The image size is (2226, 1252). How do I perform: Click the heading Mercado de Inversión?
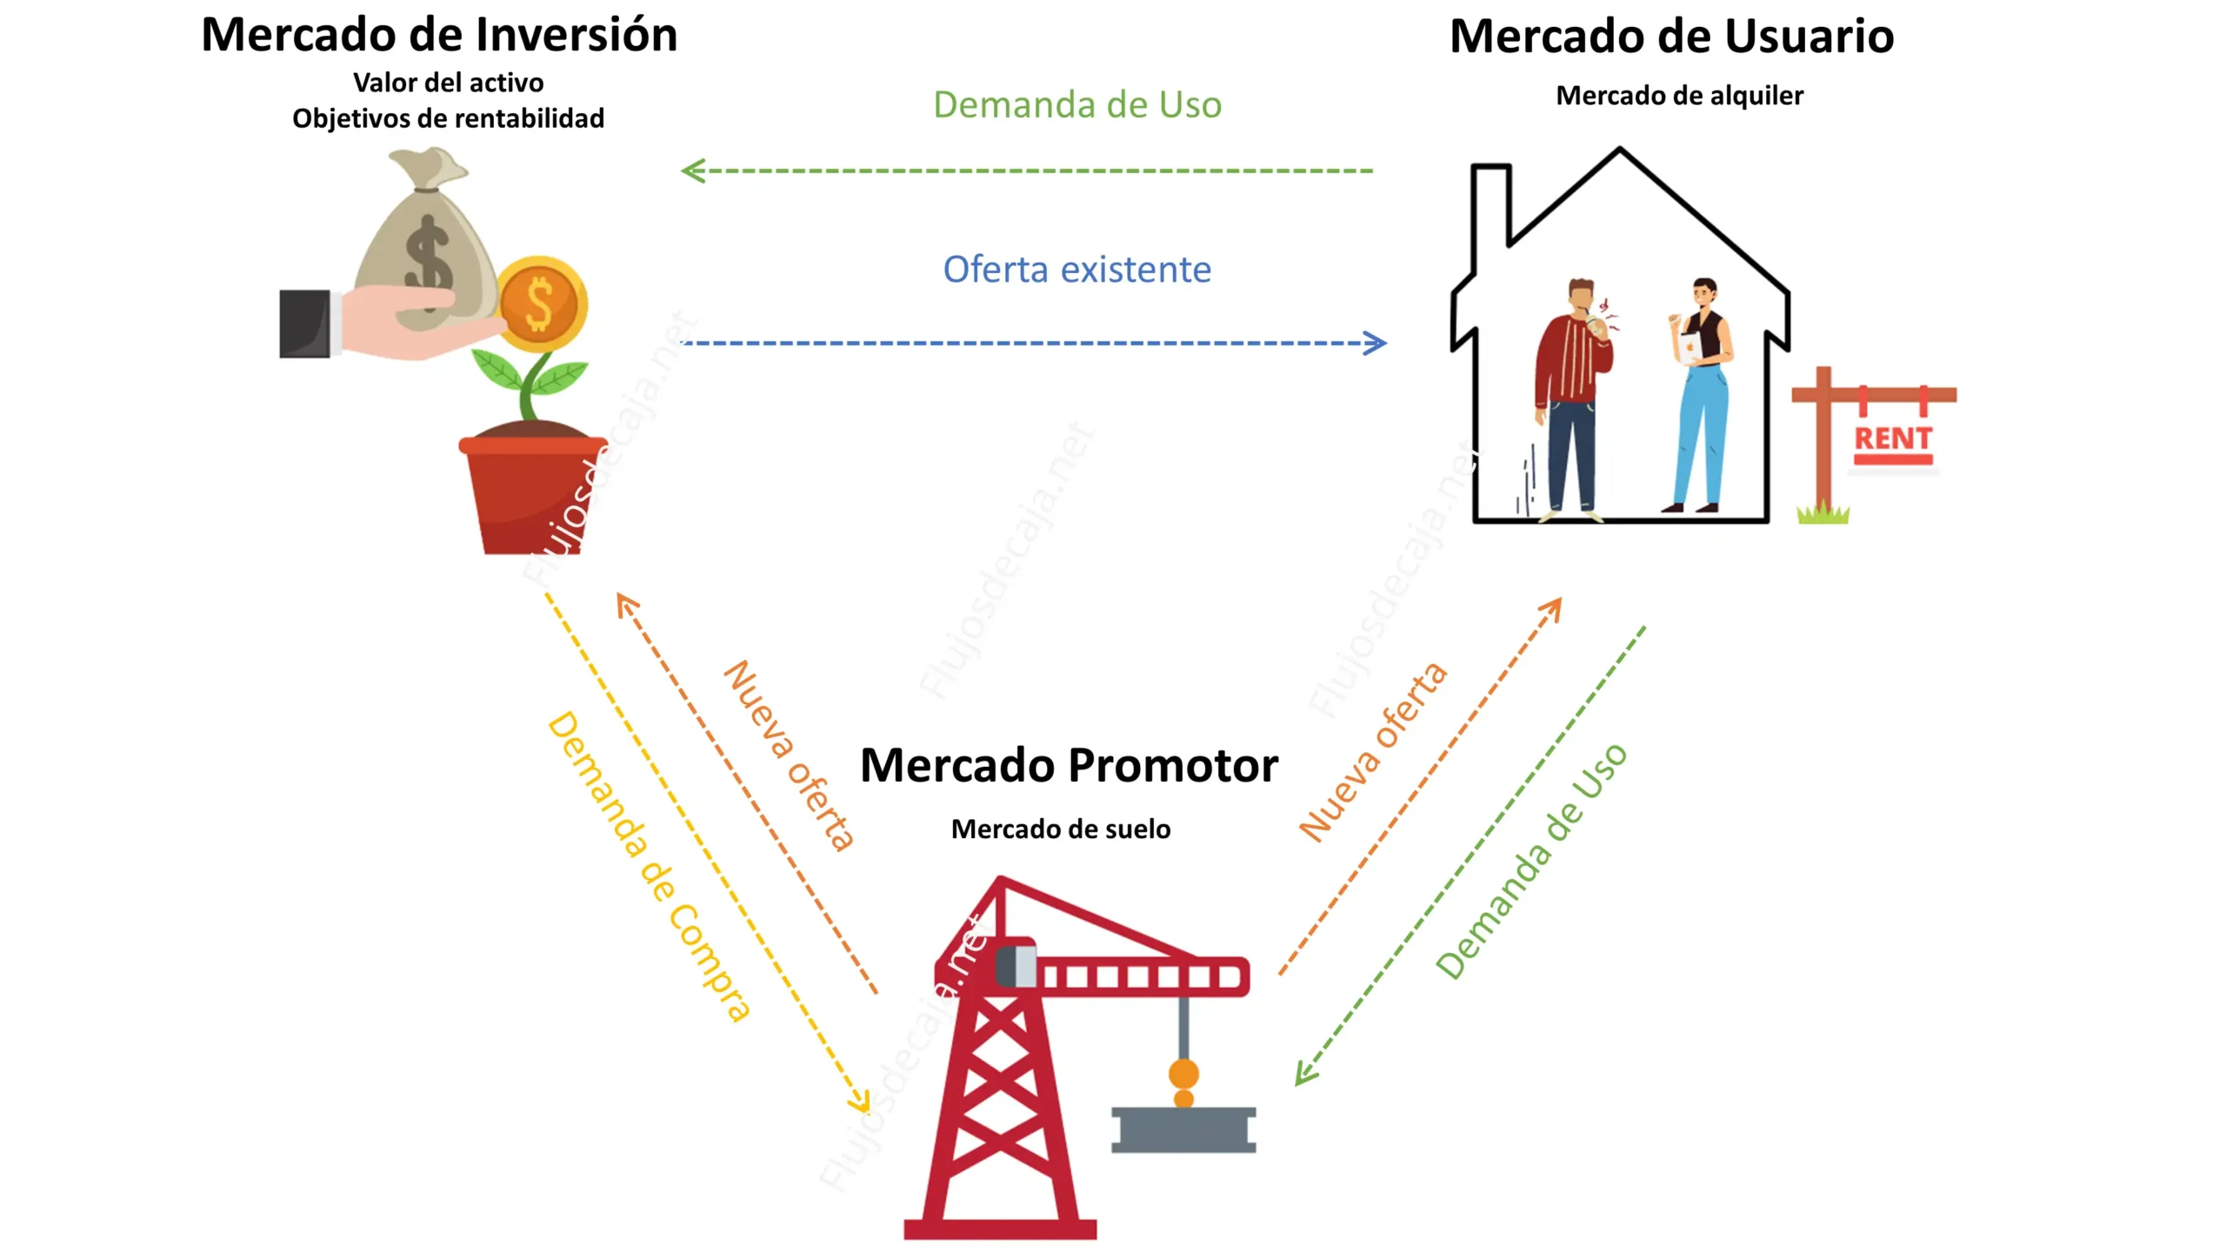pos(439,37)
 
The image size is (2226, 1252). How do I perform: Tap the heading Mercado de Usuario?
pos(1671,37)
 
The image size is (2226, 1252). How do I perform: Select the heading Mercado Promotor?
pos(1069,766)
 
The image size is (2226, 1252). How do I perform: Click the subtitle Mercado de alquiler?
pos(1679,96)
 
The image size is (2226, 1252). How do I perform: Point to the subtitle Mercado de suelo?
pos(1060,829)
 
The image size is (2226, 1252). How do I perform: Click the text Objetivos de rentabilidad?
pos(448,118)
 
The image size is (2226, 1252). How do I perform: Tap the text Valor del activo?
pos(448,83)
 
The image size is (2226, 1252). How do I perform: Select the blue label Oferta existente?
pos(1076,270)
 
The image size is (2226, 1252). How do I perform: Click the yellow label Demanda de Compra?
pos(649,865)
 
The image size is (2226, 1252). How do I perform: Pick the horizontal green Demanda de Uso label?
pos(1076,105)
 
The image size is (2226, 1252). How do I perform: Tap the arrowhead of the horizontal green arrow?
pos(691,170)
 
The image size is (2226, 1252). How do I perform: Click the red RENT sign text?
pos(1893,439)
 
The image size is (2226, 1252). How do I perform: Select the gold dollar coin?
pos(541,304)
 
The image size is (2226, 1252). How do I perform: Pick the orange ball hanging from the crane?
pos(1183,1074)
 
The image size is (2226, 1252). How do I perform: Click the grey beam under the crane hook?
pos(1183,1130)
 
